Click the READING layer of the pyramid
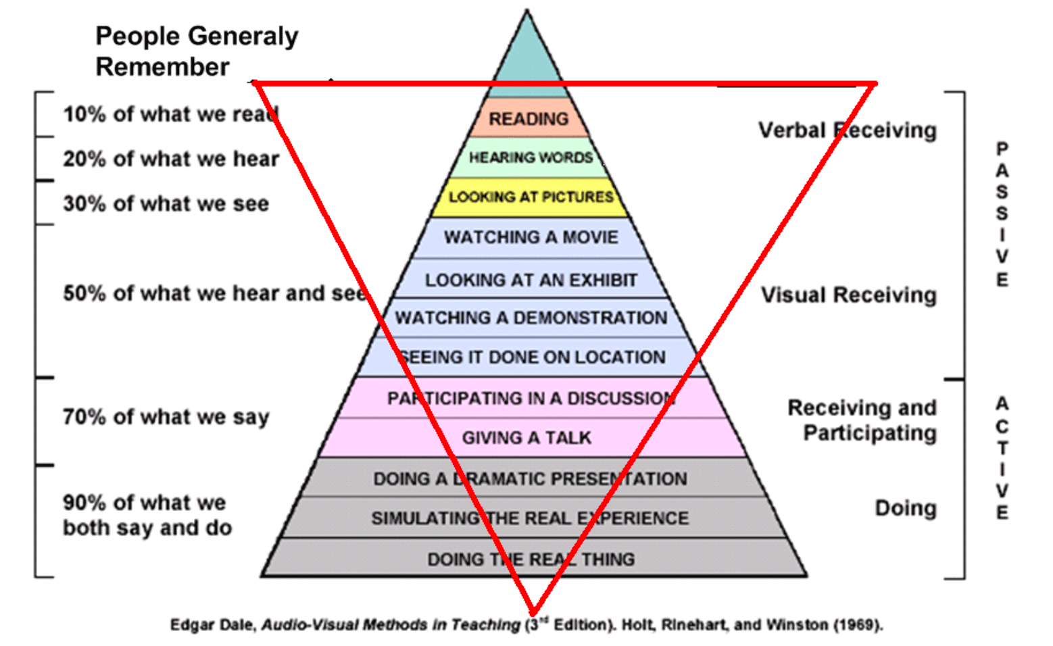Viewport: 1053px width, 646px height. pyautogui.click(x=529, y=118)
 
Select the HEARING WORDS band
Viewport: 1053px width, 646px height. pyautogui.click(x=530, y=157)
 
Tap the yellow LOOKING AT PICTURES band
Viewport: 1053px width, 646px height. pyautogui.click(x=531, y=197)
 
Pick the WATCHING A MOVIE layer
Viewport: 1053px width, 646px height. pyautogui.click(x=531, y=237)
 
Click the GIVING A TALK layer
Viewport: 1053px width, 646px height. pyautogui.click(x=526, y=438)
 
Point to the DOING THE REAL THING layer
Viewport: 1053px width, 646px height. pyautogui.click(x=531, y=559)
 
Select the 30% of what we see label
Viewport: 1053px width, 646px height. pyautogui.click(x=166, y=203)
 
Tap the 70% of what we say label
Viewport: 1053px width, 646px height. pyautogui.click(x=166, y=417)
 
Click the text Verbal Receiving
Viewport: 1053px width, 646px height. pyautogui.click(x=847, y=130)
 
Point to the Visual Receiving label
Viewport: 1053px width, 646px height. pyautogui.click(x=848, y=295)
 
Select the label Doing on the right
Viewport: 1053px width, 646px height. pyautogui.click(x=905, y=507)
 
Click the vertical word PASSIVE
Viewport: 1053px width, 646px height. pyautogui.click(x=1002, y=214)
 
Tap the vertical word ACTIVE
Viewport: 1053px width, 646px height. pyautogui.click(x=1002, y=458)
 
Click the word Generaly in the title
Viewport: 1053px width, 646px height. pyautogui.click(x=243, y=36)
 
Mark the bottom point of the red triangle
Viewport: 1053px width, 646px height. pyautogui.click(x=533, y=612)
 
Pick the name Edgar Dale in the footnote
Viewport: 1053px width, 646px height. pyautogui.click(x=212, y=625)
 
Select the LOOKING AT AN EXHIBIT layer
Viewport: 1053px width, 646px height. pyautogui.click(x=531, y=280)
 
